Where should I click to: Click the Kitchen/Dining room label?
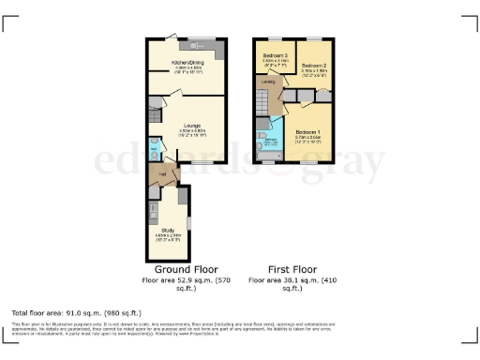184,64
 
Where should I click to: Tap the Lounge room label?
191,125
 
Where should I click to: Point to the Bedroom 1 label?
308,133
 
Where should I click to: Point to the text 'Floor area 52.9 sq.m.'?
184,280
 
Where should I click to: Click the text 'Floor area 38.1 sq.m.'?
288,280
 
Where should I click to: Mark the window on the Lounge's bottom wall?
198,163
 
